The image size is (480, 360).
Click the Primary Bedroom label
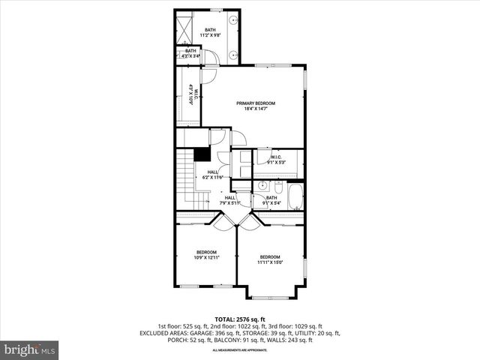click(256, 106)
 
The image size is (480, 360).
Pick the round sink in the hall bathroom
click(263, 185)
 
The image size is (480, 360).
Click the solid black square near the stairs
click(200, 154)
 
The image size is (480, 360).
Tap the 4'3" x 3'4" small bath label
click(191, 53)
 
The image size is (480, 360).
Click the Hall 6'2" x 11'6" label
click(211, 175)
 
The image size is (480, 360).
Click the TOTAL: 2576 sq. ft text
click(240, 319)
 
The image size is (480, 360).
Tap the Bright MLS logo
click(30, 349)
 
